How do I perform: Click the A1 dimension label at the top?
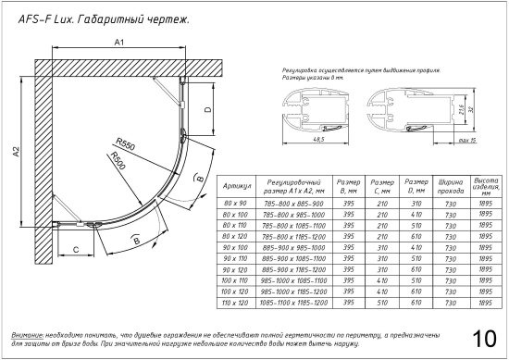[x=118, y=43]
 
